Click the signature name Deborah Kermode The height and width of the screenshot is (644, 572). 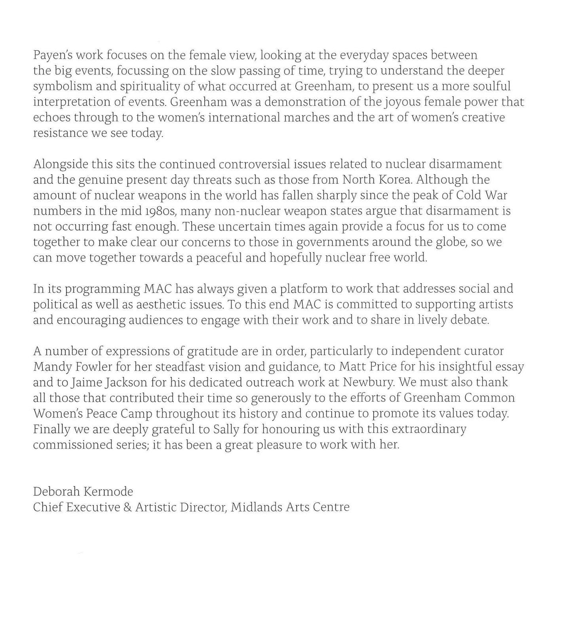pos(83,492)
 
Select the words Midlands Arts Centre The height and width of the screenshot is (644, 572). pos(290,507)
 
